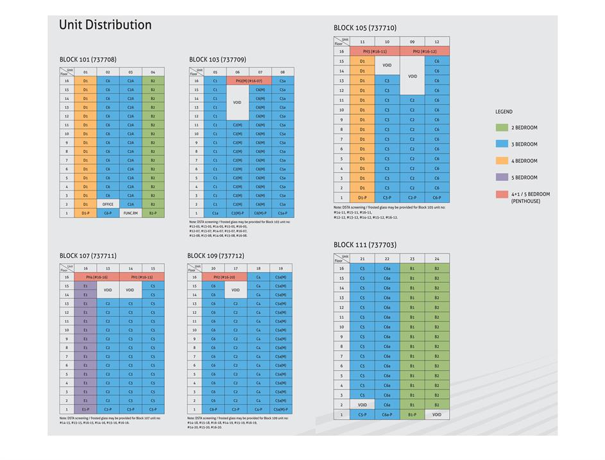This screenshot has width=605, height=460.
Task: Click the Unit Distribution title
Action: [105, 25]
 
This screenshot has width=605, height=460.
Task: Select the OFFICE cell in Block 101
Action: [108, 204]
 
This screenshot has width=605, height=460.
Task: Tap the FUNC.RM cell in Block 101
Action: [130, 213]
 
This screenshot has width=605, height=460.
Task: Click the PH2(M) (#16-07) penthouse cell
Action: [248, 81]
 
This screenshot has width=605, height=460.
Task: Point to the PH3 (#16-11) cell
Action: [375, 51]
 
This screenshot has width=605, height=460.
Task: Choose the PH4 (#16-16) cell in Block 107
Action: [96, 277]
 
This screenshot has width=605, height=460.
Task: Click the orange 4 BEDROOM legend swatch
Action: [501, 160]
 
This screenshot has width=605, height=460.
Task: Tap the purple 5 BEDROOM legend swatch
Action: [501, 177]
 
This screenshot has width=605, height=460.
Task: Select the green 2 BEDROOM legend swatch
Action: [501, 128]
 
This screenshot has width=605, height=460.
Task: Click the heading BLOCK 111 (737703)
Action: [364, 245]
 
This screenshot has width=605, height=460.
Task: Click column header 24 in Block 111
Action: [437, 259]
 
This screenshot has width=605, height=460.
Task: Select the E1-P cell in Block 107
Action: [85, 409]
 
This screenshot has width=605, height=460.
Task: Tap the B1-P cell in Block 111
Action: [412, 415]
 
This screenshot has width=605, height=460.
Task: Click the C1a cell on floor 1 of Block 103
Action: [214, 213]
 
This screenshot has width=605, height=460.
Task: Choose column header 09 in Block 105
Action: [412, 42]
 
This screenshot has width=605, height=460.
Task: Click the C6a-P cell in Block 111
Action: [387, 415]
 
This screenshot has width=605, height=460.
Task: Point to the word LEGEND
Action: [504, 112]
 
